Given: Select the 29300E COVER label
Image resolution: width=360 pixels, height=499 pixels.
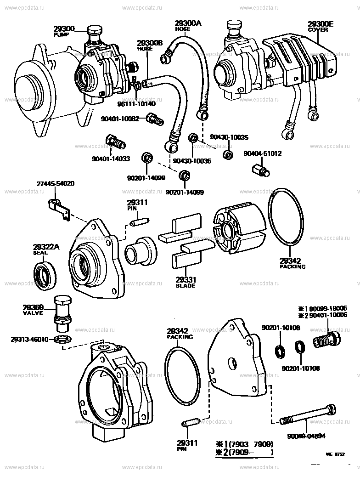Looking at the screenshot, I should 321,26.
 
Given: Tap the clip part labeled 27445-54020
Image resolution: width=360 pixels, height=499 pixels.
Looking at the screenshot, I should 59,207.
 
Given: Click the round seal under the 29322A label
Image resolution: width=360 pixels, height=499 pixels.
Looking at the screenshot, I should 45,276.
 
